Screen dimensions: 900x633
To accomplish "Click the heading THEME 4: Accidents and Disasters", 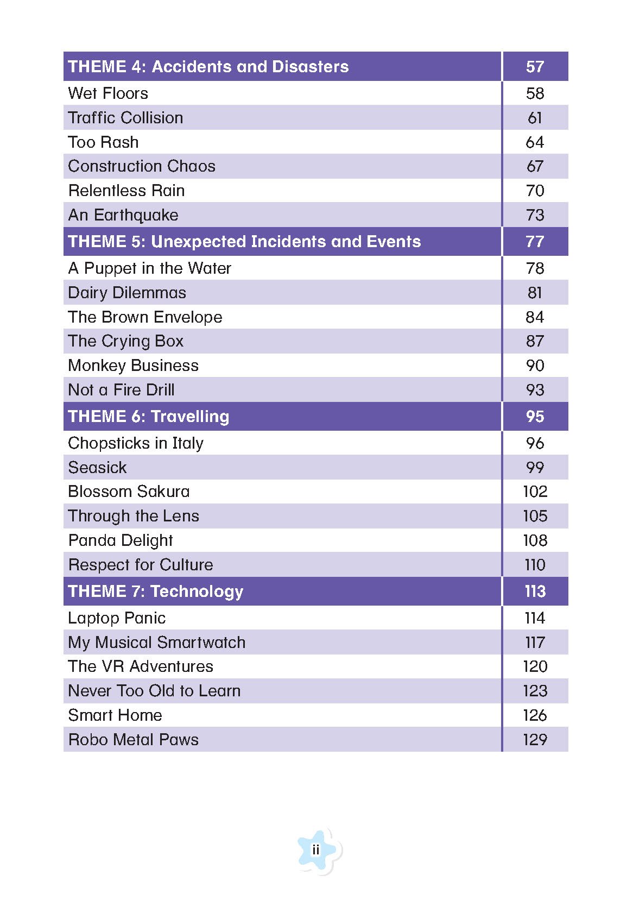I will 208,67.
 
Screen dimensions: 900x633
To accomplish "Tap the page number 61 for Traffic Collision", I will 535,118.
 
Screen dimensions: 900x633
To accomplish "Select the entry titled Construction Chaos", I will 142,166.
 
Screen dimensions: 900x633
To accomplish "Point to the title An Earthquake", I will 123,215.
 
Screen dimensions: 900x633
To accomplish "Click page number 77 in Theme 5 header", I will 535,242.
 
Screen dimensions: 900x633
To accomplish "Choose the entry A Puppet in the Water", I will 149,268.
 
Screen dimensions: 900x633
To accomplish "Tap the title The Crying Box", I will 126,341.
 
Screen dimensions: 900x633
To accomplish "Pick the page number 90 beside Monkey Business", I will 535,366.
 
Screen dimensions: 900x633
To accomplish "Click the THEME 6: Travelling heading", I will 149,417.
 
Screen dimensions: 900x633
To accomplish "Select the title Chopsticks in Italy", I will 136,443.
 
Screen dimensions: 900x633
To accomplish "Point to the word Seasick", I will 97,468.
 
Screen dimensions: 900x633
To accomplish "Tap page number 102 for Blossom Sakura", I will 535,492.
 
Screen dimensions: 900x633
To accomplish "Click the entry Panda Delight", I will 121,540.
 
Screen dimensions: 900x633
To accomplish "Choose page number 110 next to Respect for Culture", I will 535,565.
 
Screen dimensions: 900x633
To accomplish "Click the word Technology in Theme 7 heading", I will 197,591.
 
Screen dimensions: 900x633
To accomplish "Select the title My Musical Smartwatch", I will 157,643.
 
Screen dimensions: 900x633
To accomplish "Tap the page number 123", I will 535,691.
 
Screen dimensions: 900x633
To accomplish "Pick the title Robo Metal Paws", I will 134,740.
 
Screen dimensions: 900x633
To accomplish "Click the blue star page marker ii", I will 316,850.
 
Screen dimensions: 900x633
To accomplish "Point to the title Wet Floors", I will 108,93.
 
